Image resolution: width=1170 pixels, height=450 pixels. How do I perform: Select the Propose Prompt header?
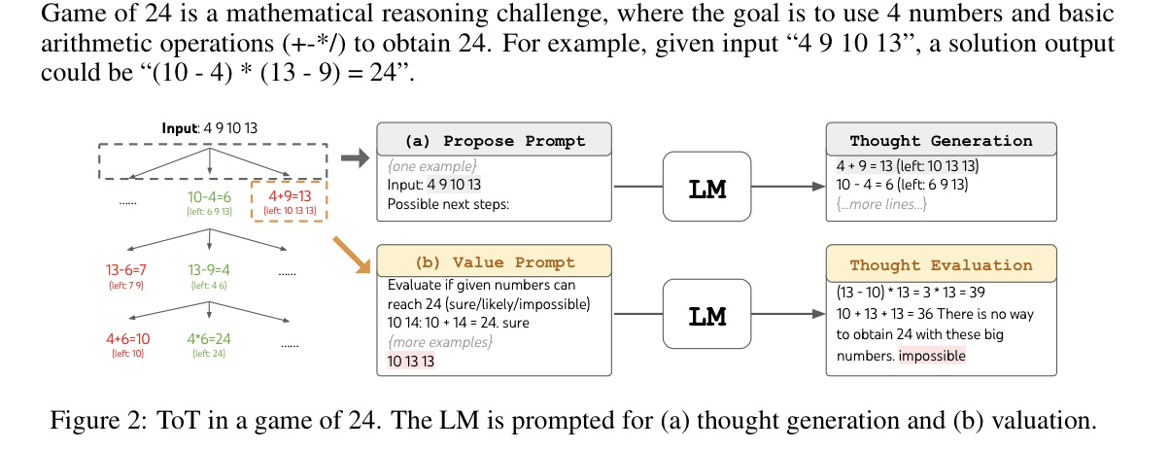pyautogui.click(x=495, y=140)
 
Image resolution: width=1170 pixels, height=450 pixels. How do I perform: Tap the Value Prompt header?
pyautogui.click(x=495, y=261)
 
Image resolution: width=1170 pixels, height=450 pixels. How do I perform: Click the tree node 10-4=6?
pyautogui.click(x=211, y=196)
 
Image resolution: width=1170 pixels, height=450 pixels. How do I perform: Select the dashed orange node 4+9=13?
pyautogui.click(x=289, y=202)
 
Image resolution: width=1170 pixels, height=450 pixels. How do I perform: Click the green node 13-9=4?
pyautogui.click(x=211, y=269)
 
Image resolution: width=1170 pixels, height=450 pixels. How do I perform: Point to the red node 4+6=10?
pyautogui.click(x=127, y=339)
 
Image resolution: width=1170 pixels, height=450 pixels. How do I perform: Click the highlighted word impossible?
pyautogui.click(x=932, y=356)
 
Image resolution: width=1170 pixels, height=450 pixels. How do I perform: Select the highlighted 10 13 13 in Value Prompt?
pyautogui.click(x=411, y=361)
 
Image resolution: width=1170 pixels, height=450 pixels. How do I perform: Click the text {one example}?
pyautogui.click(x=418, y=165)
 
